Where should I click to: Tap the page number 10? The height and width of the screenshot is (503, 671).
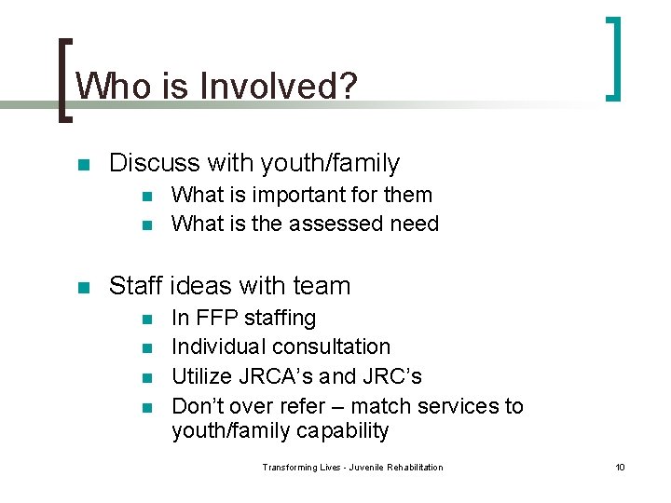click(x=620, y=467)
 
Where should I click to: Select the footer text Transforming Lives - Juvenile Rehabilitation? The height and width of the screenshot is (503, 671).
click(x=352, y=467)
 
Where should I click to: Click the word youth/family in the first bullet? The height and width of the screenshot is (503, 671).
click(x=330, y=164)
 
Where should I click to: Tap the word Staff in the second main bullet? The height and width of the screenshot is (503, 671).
click(x=137, y=286)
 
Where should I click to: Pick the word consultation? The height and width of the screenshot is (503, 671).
click(x=332, y=347)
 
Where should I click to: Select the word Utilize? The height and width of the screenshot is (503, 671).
click(x=204, y=376)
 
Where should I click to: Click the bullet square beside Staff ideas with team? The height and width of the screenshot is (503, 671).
click(x=83, y=288)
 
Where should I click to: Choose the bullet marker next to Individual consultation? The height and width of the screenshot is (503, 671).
click(x=147, y=348)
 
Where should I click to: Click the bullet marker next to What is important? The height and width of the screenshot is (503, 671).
click(x=147, y=197)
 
